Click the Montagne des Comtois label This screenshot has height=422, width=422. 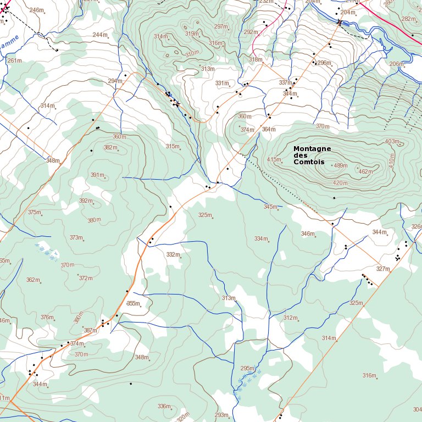pyautogui.click(x=312, y=156)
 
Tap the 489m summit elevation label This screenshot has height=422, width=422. pyautogui.click(x=341, y=165)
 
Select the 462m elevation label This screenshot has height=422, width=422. pyautogui.click(x=365, y=171)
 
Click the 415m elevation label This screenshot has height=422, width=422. pyautogui.click(x=274, y=160)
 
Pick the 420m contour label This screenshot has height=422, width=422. pyautogui.click(x=340, y=183)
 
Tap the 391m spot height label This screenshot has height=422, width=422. pyautogui.click(x=97, y=175)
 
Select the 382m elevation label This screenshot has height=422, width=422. pyautogui.click(x=110, y=147)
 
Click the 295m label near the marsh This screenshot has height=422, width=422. pyautogui.click(x=247, y=368)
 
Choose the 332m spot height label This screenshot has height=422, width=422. pyautogui.click(x=173, y=254)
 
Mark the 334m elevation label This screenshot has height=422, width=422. pyautogui.click(x=261, y=238)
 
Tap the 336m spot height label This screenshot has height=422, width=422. pyautogui.click(x=164, y=406)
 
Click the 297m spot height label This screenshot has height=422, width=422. pyautogui.click(x=221, y=26)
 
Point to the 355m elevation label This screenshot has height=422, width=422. pyautogui.click(x=133, y=303)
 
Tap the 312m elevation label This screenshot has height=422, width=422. pyautogui.click(x=290, y=318)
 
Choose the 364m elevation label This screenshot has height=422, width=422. pyautogui.click(x=269, y=129)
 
